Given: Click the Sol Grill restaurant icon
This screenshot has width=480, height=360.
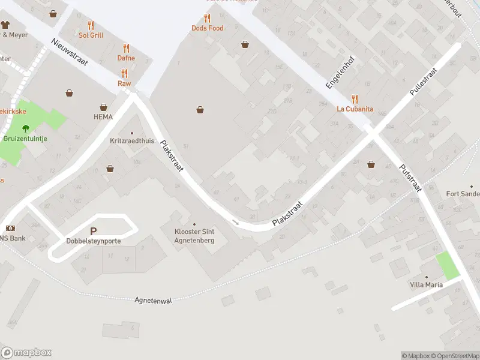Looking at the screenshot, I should [91, 25].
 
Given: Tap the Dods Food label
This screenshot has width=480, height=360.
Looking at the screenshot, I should [207, 28].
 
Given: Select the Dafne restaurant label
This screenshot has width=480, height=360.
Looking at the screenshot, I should [126, 58].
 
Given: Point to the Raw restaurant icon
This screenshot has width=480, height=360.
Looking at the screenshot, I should [125, 74].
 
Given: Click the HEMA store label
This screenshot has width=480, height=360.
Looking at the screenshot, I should [103, 117].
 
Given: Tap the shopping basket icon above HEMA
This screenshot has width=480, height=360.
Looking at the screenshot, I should [70, 93].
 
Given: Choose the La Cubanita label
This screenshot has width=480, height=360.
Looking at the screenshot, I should [355, 109].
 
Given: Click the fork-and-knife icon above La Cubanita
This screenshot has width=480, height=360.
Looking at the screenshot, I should [355, 99].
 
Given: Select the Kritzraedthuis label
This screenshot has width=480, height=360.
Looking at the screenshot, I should [132, 141].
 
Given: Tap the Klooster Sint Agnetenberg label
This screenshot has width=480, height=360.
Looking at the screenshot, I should [194, 235].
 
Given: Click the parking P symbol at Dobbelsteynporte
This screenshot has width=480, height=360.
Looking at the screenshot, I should [93, 231].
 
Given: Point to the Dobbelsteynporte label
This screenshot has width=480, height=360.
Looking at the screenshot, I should [93, 241].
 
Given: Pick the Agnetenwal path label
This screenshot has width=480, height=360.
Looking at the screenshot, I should [153, 300].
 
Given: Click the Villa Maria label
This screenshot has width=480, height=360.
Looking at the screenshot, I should [426, 284].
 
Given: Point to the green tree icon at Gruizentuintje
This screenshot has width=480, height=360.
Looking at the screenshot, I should [25, 128].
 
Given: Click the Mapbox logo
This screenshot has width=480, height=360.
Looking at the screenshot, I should [26, 353].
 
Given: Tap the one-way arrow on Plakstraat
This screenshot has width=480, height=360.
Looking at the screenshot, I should [236, 223].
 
